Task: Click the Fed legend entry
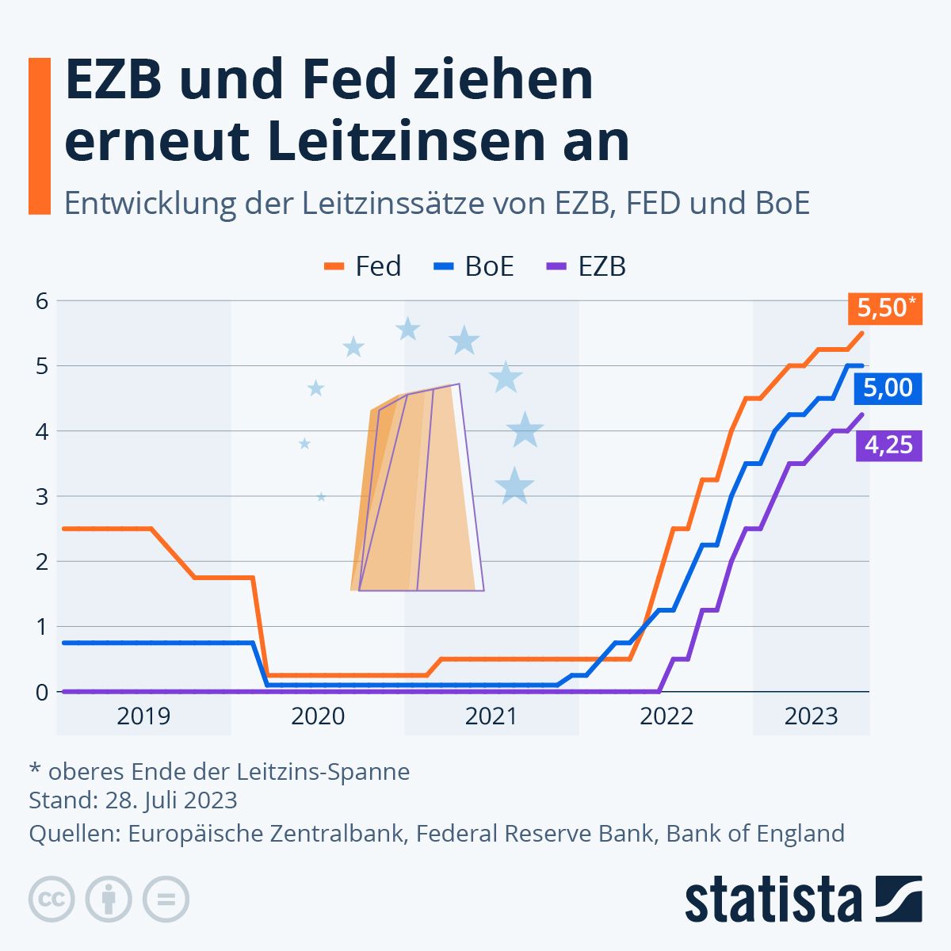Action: coord(364,266)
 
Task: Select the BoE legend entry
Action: coord(475,266)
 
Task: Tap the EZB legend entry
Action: coord(587,266)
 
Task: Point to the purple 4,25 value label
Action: coord(888,445)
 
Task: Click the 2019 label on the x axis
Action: coord(143,716)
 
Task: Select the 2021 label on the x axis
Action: coord(491,716)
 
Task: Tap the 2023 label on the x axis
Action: coord(811,716)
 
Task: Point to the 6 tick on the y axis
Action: coord(42,301)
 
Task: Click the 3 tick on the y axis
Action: coord(42,497)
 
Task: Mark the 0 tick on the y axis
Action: coord(42,692)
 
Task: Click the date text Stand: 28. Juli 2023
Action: coord(133,800)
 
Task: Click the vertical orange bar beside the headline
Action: coord(39,136)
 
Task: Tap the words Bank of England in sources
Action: coord(754,834)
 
